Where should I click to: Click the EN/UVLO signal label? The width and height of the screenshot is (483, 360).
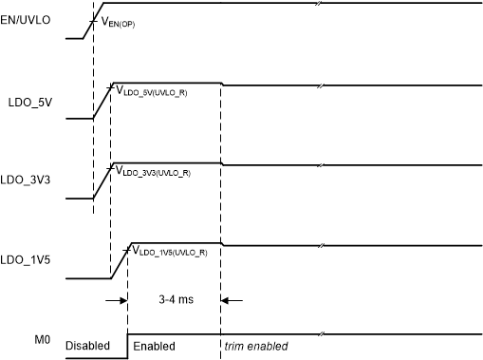pyautogui.click(x=30, y=17)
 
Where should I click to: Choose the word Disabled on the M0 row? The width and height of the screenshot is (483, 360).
pyautogui.click(x=87, y=346)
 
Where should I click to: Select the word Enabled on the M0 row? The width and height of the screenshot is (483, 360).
pyautogui.click(x=153, y=346)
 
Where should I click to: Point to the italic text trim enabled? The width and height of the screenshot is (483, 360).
pyautogui.click(x=254, y=346)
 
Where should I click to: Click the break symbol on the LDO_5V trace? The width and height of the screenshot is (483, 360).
pyautogui.click(x=322, y=86)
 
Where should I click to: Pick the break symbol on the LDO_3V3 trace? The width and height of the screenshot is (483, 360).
pyautogui.click(x=322, y=166)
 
